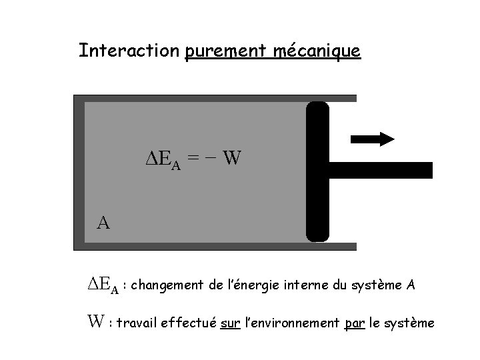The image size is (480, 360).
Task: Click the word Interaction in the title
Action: (x=129, y=51)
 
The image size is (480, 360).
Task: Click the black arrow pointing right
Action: (x=373, y=139)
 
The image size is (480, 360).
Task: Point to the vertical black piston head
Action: (x=317, y=171)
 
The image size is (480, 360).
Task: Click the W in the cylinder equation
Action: (x=232, y=159)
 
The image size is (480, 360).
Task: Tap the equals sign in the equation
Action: (x=192, y=159)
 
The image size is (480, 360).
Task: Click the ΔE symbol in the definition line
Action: (x=103, y=285)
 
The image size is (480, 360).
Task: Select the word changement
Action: (x=168, y=286)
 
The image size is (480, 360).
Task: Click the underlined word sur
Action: (x=229, y=324)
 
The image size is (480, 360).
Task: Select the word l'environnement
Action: (x=291, y=323)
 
